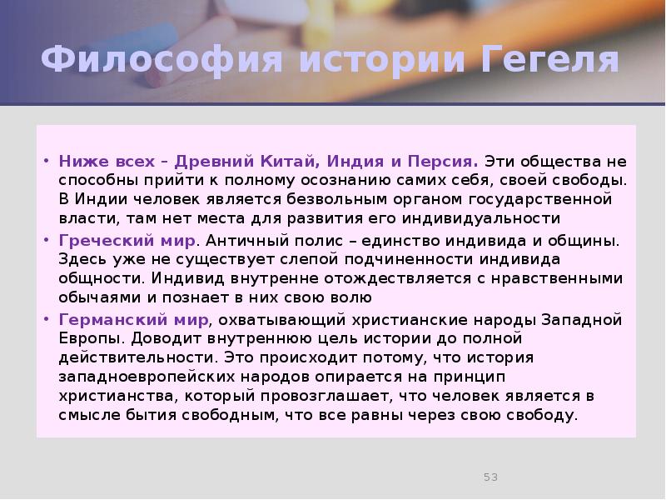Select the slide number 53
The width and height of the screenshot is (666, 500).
coord(490,477)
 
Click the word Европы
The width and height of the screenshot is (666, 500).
coord(83,338)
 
